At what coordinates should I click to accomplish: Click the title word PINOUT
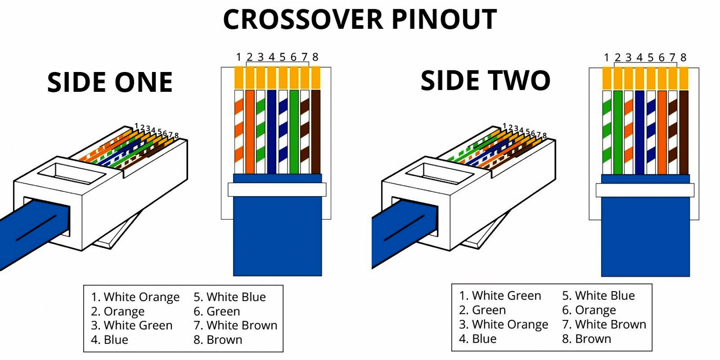[444, 19]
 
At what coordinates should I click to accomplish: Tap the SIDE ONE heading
[110, 83]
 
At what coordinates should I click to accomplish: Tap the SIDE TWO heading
[485, 80]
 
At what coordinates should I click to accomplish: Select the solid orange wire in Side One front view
[250, 131]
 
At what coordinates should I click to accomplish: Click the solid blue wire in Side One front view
[272, 131]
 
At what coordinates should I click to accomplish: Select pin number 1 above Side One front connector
[239, 57]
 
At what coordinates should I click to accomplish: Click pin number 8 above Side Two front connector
[683, 58]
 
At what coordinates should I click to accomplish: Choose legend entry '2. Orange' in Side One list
[118, 311]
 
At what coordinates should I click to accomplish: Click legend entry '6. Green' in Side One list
[217, 311]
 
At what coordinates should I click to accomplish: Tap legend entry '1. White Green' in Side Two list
[500, 296]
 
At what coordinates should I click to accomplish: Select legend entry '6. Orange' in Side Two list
[589, 310]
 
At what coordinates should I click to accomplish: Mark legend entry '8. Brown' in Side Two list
[587, 339]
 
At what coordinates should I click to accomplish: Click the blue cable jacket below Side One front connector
[277, 239]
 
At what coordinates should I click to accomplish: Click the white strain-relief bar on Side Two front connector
[645, 190]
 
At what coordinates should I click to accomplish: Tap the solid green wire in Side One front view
[294, 131]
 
